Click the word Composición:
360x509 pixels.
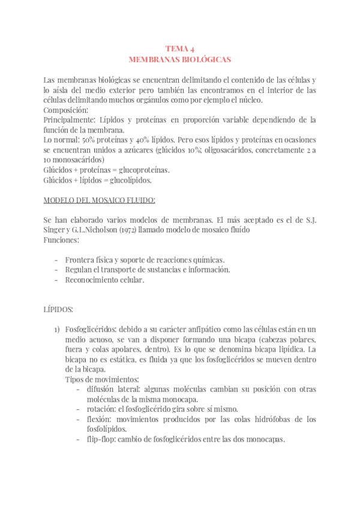66,110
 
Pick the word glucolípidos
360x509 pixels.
130,179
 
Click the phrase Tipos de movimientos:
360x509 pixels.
101,379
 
